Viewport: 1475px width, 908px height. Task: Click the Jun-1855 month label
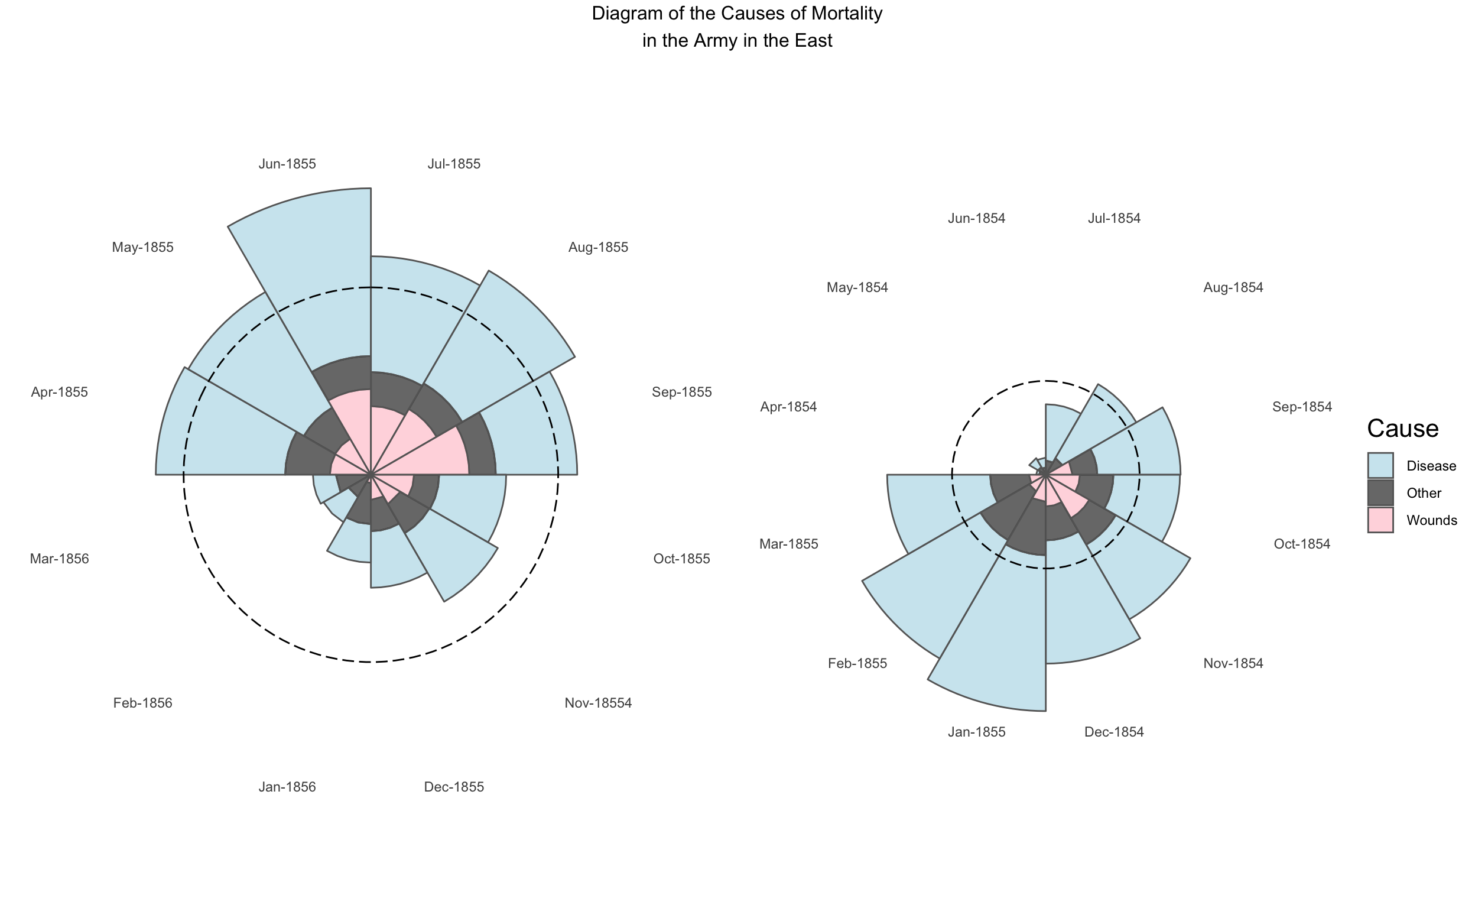287,164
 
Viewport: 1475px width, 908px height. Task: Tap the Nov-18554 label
598,703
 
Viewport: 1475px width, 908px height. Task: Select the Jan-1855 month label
976,732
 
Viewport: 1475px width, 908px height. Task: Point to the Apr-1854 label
788,407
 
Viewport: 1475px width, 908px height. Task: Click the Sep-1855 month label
681,392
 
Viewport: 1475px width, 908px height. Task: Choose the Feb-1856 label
142,703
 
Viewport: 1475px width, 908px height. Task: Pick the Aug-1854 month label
1233,288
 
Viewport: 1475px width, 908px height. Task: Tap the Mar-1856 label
59,559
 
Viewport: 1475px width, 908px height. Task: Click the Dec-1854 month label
1114,732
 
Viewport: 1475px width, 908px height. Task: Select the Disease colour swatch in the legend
1381,465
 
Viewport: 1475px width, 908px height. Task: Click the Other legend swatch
1381,492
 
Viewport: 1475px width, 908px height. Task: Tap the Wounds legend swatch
1381,520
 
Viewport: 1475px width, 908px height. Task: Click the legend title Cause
1402,429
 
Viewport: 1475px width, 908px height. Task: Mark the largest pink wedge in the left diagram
432,456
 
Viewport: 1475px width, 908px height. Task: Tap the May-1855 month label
142,248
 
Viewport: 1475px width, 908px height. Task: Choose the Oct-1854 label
1301,544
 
